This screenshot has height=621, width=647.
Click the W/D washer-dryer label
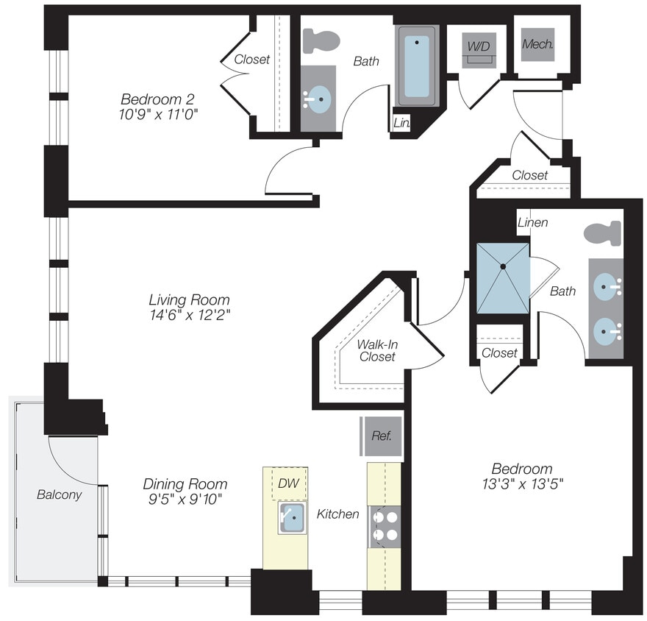[x=479, y=46]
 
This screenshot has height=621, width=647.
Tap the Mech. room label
[x=537, y=44]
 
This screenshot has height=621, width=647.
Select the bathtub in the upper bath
[x=417, y=66]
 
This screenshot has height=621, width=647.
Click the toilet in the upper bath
[x=321, y=40]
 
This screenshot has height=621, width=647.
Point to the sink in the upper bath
[x=319, y=99]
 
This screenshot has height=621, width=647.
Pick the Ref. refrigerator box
[x=381, y=435]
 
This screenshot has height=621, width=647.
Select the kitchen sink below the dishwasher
[x=292, y=518]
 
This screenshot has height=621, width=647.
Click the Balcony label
[x=59, y=494]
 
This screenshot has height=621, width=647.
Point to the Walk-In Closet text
[x=376, y=350]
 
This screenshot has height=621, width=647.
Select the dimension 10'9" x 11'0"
[x=159, y=114]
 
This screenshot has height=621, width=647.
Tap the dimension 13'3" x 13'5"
[x=521, y=484]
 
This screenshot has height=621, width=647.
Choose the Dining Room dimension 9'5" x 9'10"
[x=185, y=500]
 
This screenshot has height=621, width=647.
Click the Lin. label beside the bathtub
[x=401, y=124]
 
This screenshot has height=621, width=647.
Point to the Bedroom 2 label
[x=157, y=99]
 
